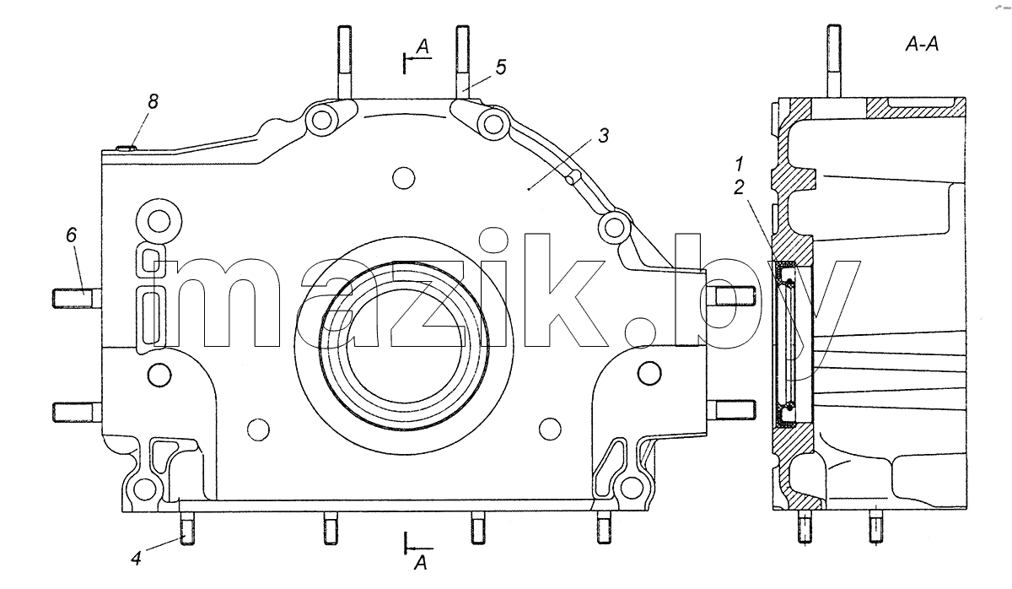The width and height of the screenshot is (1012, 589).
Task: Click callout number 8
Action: click(x=153, y=101)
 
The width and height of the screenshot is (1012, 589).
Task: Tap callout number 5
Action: click(x=501, y=67)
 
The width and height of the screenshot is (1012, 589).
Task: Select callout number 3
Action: click(x=604, y=135)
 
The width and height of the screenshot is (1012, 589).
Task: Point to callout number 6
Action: click(x=72, y=235)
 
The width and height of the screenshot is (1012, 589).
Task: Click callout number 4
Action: click(x=136, y=559)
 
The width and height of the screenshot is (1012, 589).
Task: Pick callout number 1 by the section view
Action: click(x=739, y=164)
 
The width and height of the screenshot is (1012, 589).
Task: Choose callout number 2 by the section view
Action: click(x=739, y=187)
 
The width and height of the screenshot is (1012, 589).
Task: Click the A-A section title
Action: click(x=922, y=44)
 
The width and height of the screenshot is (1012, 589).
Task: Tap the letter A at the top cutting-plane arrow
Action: click(x=423, y=46)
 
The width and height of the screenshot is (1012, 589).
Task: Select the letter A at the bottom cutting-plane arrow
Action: click(x=421, y=563)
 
